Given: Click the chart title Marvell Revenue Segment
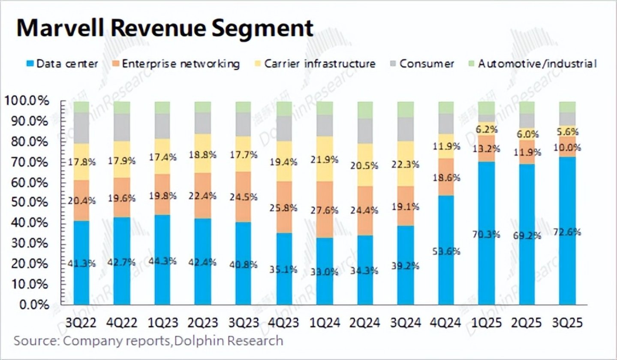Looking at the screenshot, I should point(165,28).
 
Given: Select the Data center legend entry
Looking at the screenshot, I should point(63,64).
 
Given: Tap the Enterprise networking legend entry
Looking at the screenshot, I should point(175,64).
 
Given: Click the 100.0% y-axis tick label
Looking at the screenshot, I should point(27,101).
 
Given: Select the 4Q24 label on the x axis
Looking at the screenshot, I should point(446,322).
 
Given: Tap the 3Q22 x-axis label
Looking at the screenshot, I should point(82,322).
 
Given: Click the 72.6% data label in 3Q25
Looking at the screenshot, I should point(568,232).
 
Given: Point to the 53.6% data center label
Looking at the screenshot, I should point(446,251).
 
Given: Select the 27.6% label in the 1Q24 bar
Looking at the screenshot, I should point(325,210).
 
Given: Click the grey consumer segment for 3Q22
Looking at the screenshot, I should point(82,128).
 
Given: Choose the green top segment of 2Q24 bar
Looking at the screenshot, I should point(365,110).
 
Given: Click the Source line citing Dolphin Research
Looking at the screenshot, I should point(148,341).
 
